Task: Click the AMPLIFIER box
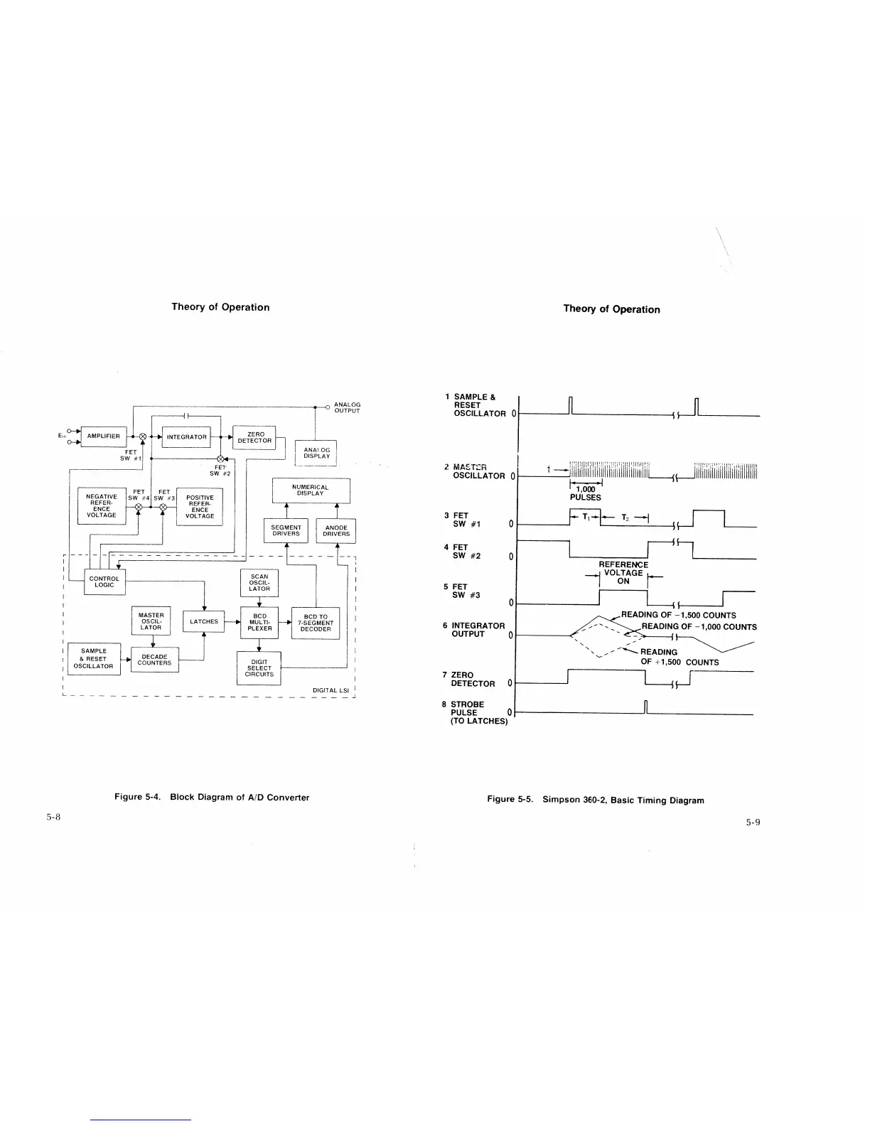pos(104,436)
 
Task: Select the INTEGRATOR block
pos(186,437)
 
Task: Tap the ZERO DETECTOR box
pos(254,437)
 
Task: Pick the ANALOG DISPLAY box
pos(316,453)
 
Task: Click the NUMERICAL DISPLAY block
pos(311,490)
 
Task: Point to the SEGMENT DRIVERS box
pos(286,531)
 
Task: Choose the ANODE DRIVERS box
pos(336,531)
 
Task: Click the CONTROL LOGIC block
pos(104,581)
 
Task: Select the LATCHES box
pos(204,621)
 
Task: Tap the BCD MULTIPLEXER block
pos(259,622)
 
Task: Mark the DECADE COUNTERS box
pos(154,660)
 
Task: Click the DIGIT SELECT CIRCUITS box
pos(259,668)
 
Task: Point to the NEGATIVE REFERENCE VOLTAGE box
pos(102,505)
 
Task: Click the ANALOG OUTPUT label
pos(347,407)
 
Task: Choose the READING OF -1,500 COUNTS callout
pos(678,616)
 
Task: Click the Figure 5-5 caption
pos(595,800)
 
